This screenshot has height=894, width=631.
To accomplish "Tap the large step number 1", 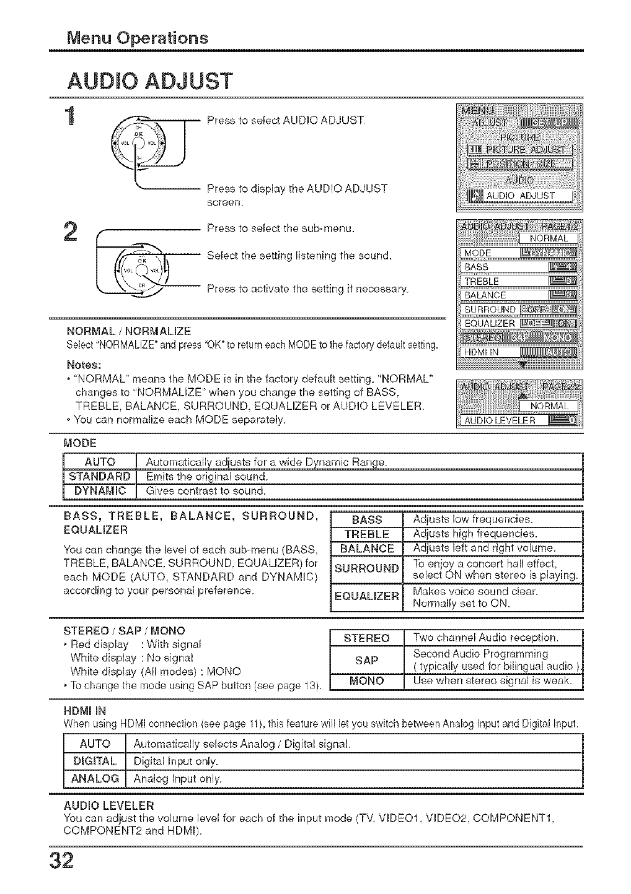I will click(74, 117).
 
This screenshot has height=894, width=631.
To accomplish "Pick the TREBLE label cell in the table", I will click(367, 534).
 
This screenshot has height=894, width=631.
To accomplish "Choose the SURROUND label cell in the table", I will click(367, 568).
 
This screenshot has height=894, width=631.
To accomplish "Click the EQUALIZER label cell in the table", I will click(367, 597).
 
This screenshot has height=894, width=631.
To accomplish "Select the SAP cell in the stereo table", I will click(367, 660).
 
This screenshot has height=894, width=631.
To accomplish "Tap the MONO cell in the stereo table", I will click(367, 681).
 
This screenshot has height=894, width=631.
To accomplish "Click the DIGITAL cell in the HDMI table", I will click(95, 761).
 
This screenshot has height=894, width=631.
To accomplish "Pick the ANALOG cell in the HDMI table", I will click(95, 778).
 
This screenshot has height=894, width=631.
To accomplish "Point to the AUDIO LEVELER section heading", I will click(108, 806).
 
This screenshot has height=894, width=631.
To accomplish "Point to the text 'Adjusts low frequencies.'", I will click(472, 519).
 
